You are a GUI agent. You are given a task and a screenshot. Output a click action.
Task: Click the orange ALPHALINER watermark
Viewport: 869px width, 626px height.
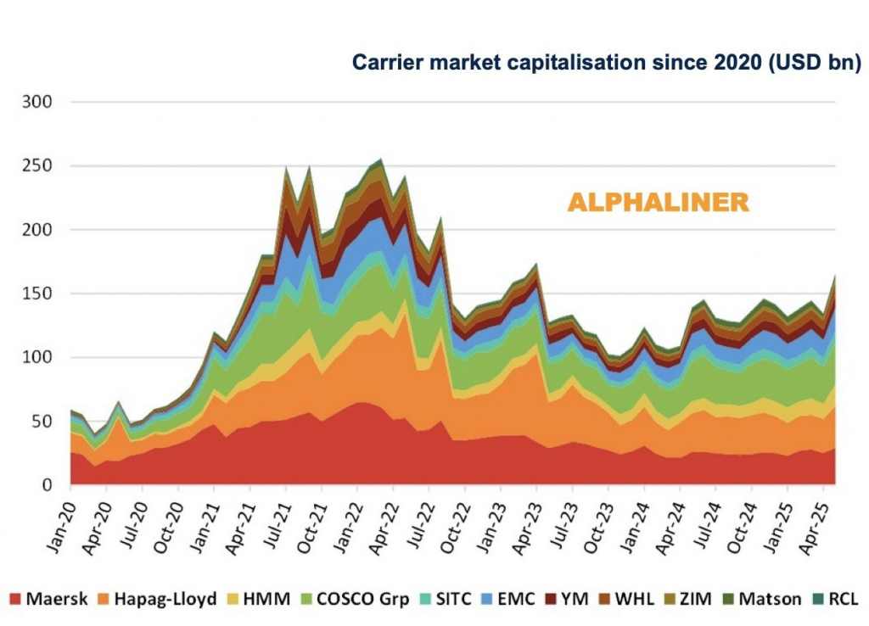[x=658, y=203]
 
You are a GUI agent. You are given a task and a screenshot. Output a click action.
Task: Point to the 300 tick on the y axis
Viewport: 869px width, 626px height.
[x=39, y=103]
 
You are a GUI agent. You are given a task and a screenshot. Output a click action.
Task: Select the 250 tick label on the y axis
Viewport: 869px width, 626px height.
[x=39, y=166]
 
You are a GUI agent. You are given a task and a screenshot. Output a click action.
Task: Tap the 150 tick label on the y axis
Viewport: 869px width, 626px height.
[x=39, y=293]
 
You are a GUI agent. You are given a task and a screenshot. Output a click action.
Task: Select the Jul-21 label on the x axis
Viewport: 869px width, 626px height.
[x=273, y=519]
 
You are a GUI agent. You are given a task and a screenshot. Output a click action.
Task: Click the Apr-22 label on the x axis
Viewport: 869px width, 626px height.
[x=381, y=519]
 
